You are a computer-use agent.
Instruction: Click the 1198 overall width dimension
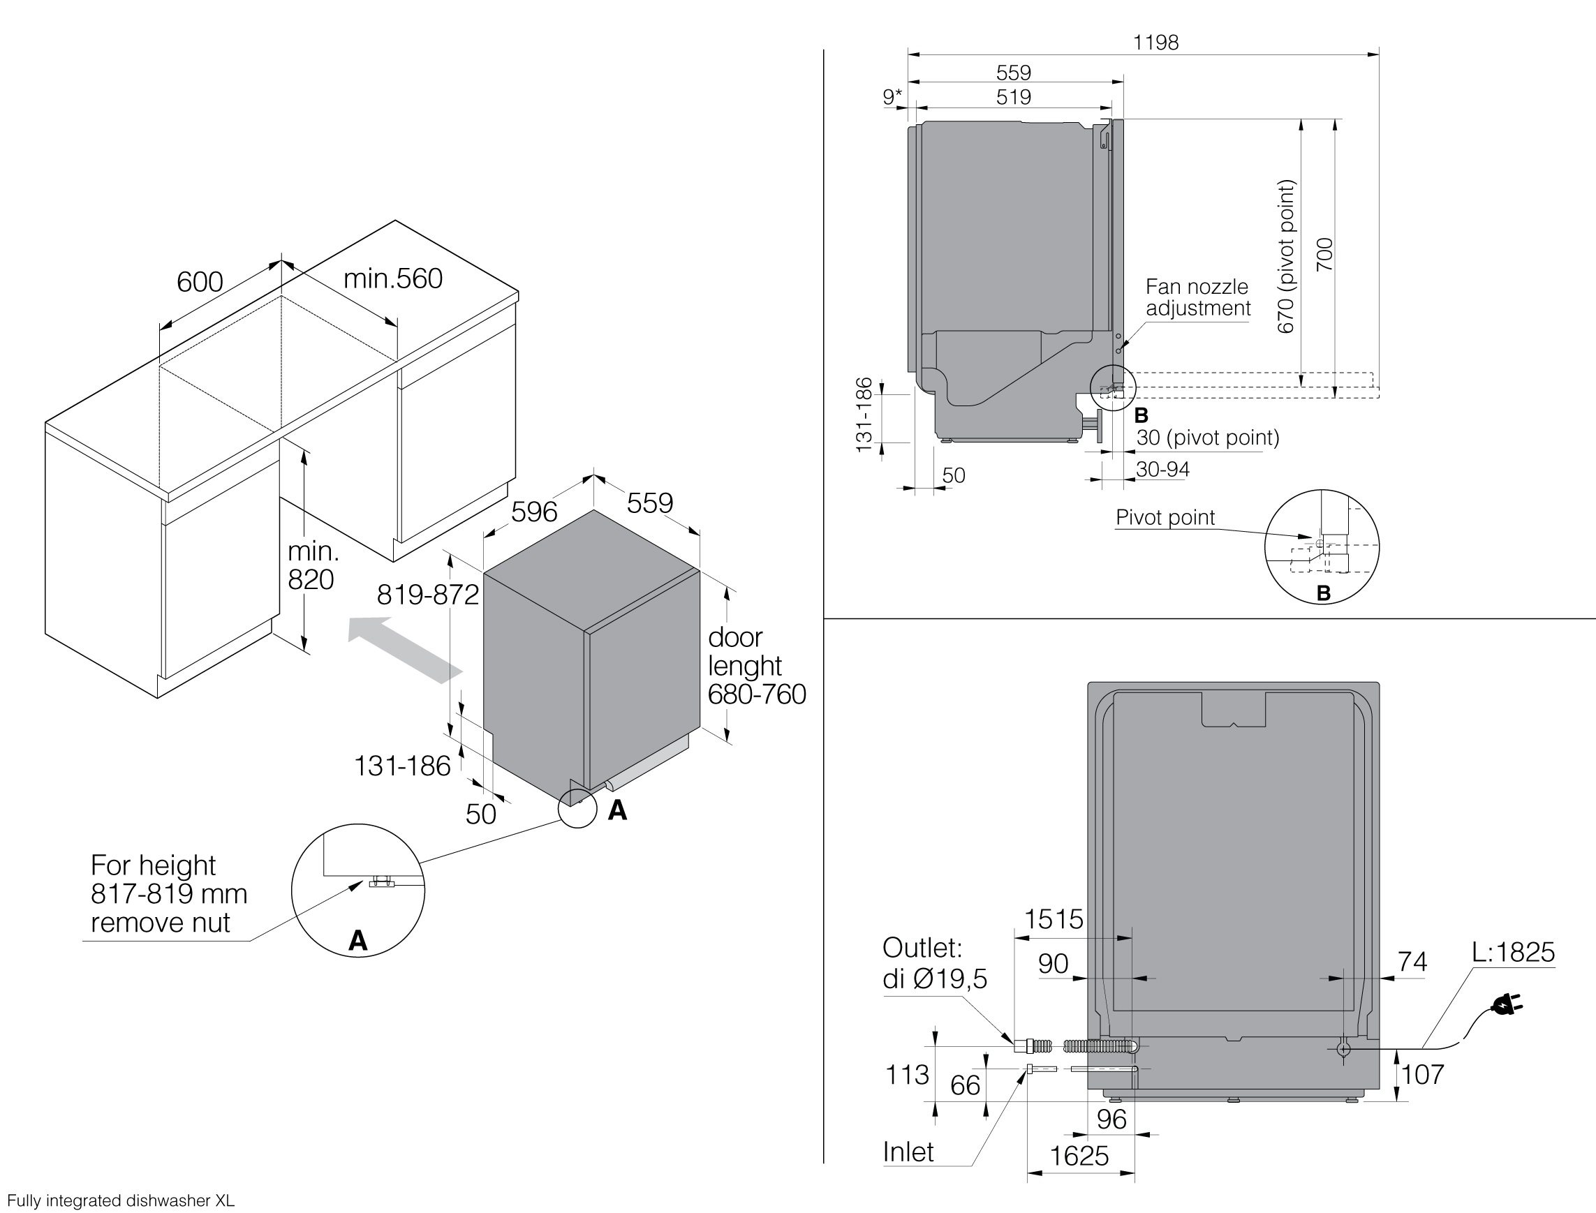[x=1155, y=43]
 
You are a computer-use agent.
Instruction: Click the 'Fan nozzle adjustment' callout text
[x=1197, y=297]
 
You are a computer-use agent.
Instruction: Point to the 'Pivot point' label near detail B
[x=1165, y=517]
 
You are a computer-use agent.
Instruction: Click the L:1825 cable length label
[x=1513, y=952]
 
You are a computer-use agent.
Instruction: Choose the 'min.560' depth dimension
[x=393, y=278]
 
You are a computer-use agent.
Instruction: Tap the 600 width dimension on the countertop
[x=200, y=281]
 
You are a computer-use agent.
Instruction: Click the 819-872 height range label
[x=427, y=594]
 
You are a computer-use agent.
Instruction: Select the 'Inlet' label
[x=908, y=1152]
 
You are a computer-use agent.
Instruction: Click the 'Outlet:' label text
[x=922, y=947]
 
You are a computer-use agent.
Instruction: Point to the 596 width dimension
[x=534, y=511]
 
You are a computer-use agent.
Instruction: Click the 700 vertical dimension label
[x=1324, y=254]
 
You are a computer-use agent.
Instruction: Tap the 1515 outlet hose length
[x=1054, y=919]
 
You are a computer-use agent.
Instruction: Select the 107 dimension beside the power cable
[x=1423, y=1074]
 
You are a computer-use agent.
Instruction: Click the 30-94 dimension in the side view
[x=1162, y=469]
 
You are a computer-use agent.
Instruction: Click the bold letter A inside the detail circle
[x=357, y=940]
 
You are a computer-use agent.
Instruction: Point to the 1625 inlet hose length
[x=1079, y=1156]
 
